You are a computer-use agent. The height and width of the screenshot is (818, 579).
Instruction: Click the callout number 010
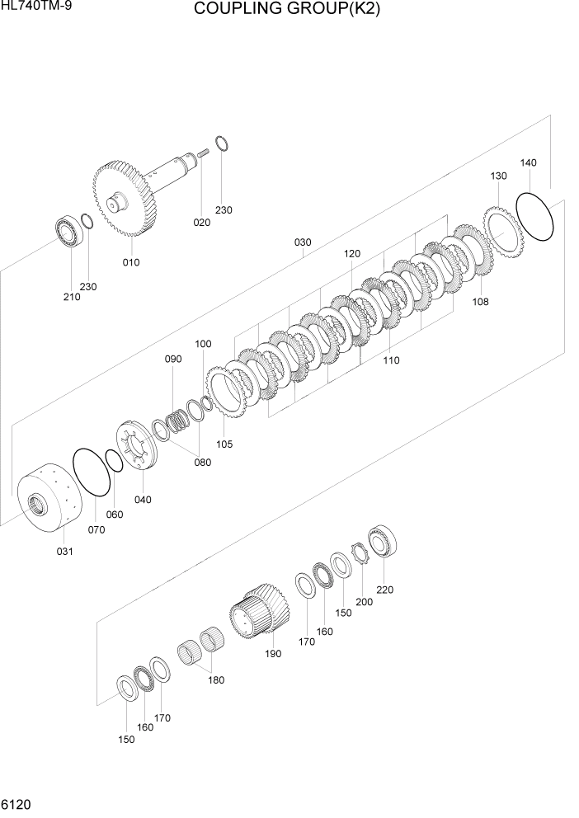point(131,262)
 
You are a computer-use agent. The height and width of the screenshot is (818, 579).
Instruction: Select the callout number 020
point(202,223)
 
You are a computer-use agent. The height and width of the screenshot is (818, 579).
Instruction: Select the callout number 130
point(498,176)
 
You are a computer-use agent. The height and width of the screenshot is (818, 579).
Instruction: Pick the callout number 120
point(352,254)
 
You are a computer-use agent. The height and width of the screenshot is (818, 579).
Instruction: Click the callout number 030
point(303,242)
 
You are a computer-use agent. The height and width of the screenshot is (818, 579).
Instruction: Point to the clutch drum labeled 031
point(49,502)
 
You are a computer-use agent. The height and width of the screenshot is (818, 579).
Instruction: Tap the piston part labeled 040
point(135,446)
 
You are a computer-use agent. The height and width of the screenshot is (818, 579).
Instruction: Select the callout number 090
point(172,360)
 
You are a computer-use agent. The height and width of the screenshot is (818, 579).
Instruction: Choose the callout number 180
point(216,680)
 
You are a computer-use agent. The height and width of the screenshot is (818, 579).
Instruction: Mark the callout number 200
point(364,602)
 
